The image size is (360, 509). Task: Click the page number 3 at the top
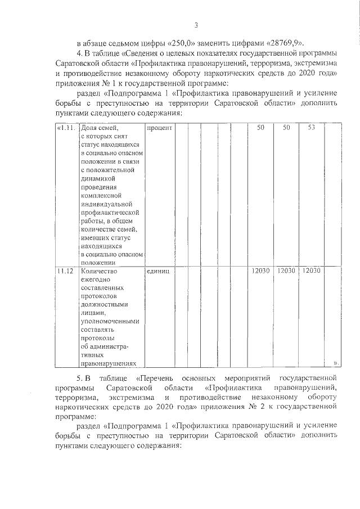pyautogui.click(x=196, y=25)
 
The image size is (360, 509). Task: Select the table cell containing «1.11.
pyautogui.click(x=66, y=128)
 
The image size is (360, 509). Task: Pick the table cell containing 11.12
pyautogui.click(x=66, y=271)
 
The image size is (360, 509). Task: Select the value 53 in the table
pyautogui.click(x=312, y=128)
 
